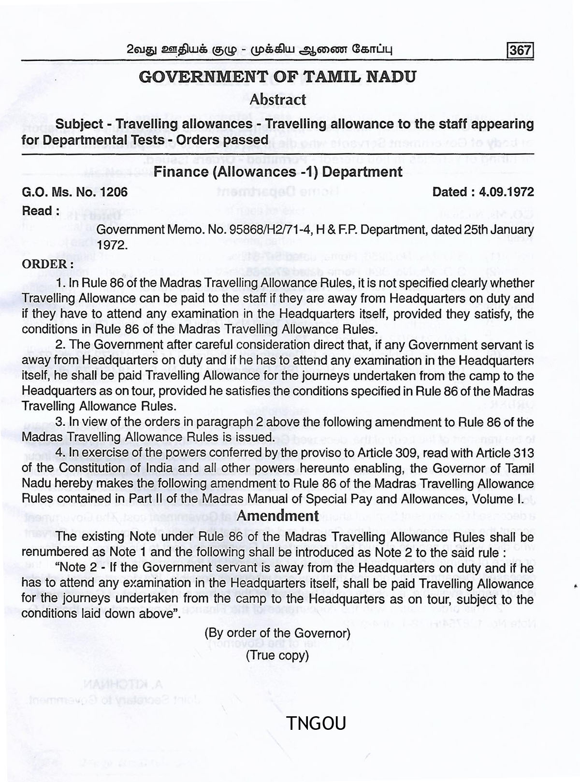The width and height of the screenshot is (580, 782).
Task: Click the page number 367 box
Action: [520, 50]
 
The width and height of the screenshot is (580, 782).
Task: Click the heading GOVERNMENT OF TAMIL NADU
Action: [277, 77]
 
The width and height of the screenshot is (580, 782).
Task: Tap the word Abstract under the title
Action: [277, 100]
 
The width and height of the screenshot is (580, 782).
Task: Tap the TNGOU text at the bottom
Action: [316, 724]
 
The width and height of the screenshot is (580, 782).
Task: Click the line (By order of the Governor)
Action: [277, 633]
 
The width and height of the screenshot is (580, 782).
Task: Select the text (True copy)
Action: [277, 655]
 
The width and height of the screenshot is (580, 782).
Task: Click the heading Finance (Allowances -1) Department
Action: [278, 172]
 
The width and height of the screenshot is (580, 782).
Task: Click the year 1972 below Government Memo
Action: [112, 245]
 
